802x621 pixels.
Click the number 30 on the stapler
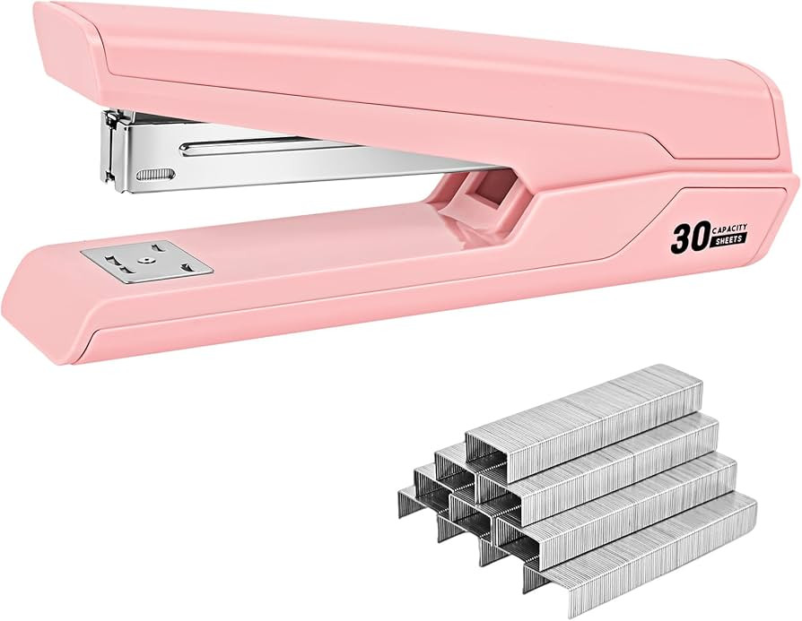pyautogui.click(x=687, y=238)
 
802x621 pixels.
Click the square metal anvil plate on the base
pyautogui.click(x=147, y=261)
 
